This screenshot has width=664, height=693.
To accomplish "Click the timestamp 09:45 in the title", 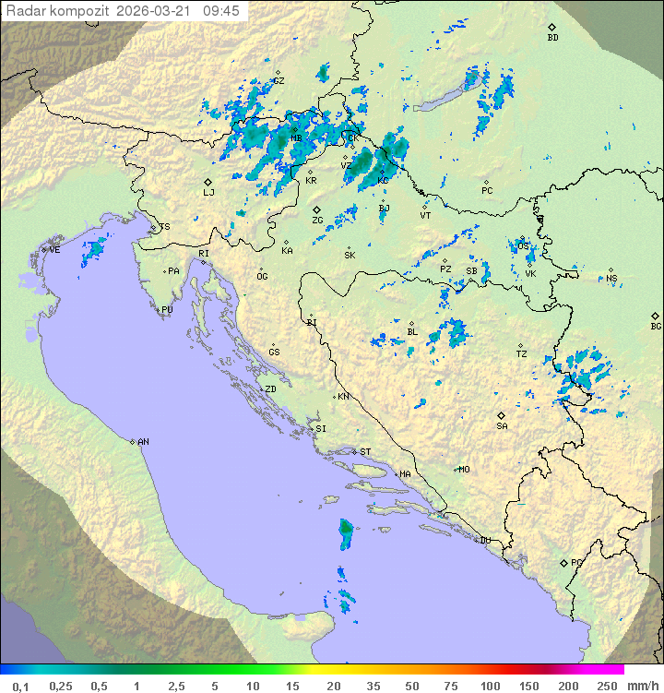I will tap(221, 11).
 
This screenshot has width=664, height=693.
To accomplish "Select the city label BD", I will tap(552, 38).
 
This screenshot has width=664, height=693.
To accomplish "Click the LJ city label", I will tap(208, 192).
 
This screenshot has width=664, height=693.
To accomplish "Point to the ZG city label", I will tap(317, 221).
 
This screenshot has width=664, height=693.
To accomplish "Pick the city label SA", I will tap(502, 425).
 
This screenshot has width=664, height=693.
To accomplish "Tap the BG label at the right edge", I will tap(656, 326).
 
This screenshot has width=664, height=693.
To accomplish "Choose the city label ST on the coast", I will tap(365, 452).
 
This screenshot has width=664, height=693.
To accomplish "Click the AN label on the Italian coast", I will tap(143, 442).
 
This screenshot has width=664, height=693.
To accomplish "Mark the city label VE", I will tap(54, 250).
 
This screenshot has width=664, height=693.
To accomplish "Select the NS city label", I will tap(611, 278).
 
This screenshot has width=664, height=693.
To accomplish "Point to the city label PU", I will tap(167, 310).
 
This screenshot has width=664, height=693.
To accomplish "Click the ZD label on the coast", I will tap(270, 389).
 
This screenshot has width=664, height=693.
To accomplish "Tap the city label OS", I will tap(524, 246).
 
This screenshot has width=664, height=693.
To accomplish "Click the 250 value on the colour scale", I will tap(606, 686).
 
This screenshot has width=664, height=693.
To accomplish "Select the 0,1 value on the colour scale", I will tap(20, 686).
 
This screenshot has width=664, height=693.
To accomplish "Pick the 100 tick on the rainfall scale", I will tap(490, 686).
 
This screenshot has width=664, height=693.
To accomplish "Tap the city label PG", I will tap(577, 562).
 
